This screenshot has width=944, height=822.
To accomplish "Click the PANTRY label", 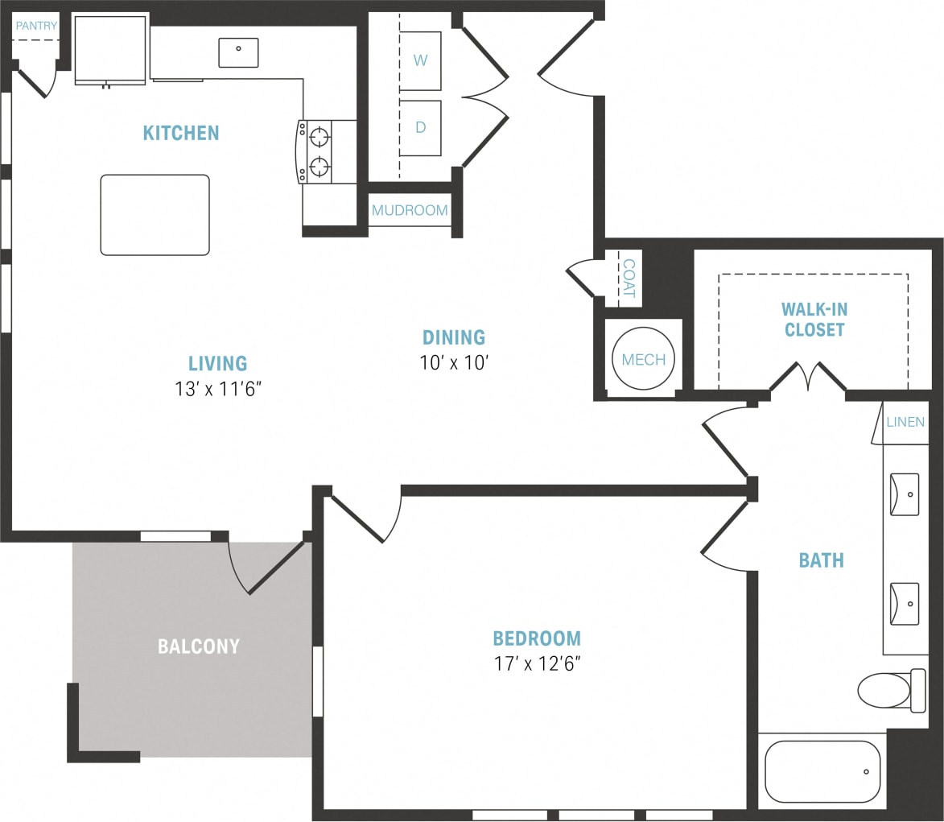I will (x=36, y=26).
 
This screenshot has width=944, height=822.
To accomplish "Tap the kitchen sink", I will (x=238, y=52).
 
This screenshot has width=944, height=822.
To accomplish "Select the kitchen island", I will (x=155, y=215).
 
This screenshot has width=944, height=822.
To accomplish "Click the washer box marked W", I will (x=420, y=61).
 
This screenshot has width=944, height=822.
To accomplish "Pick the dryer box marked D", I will (x=420, y=128).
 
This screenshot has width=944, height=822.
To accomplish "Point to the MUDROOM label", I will (x=410, y=211).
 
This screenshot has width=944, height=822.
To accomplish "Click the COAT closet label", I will (x=629, y=279).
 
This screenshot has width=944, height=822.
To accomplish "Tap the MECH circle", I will (x=643, y=360).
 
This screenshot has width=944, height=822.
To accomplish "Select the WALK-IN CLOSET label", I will (x=814, y=320).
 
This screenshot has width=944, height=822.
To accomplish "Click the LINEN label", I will (x=905, y=422).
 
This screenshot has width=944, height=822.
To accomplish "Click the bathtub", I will (x=822, y=771).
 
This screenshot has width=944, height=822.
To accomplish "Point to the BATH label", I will (x=821, y=560).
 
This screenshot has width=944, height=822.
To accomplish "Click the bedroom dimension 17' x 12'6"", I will (x=537, y=664).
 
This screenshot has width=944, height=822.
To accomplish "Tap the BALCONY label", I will (x=198, y=646).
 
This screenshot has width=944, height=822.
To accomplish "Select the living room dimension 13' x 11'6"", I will (x=217, y=389).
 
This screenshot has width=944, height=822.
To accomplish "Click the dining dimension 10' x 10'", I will (x=455, y=362).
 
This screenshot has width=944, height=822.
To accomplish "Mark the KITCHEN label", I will (x=181, y=133).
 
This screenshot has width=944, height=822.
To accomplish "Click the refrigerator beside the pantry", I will (x=111, y=48).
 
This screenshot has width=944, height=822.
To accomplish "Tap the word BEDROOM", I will (x=537, y=639).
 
